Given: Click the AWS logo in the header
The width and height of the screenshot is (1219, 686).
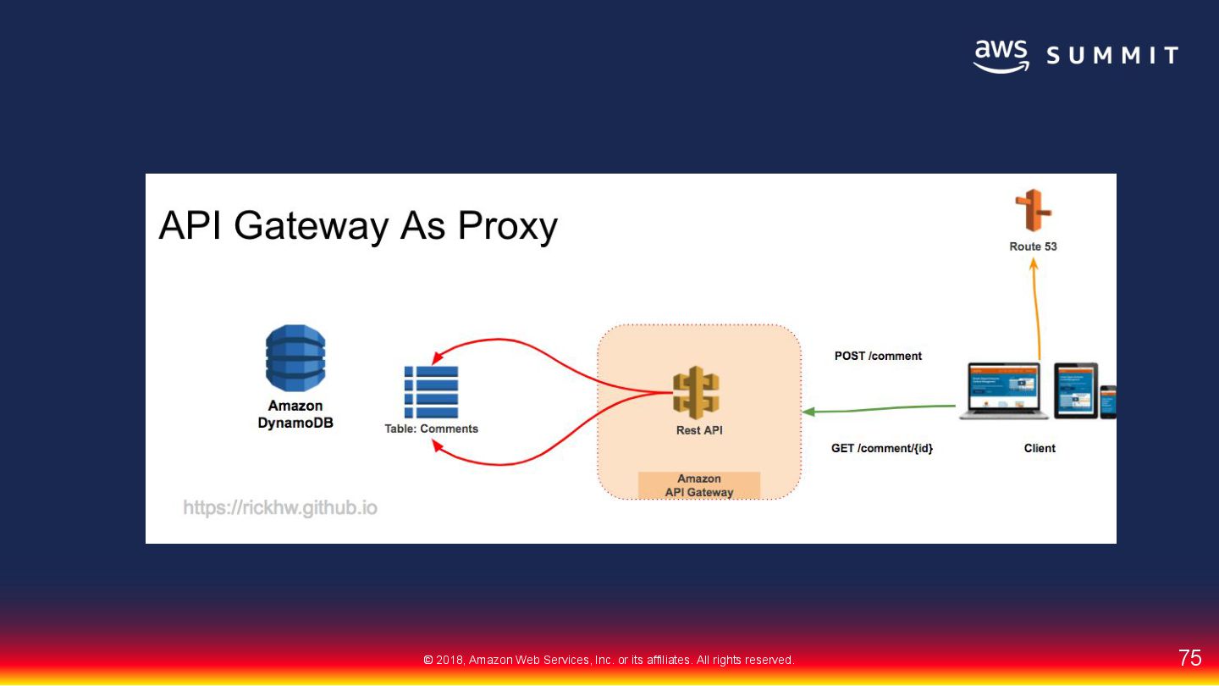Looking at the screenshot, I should (x=1001, y=56).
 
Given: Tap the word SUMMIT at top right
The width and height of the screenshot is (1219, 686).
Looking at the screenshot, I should (x=1112, y=57).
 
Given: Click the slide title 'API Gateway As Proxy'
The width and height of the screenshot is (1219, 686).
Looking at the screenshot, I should (x=358, y=226).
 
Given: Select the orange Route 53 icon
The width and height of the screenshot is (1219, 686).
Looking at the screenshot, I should (x=1033, y=211).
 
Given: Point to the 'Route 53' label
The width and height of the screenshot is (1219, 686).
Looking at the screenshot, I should (x=1033, y=246).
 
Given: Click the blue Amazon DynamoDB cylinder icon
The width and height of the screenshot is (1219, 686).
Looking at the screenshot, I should (x=295, y=358).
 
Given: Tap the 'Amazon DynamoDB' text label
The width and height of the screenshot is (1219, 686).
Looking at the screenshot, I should (x=295, y=414).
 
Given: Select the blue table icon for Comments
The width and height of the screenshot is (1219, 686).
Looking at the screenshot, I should (x=431, y=392).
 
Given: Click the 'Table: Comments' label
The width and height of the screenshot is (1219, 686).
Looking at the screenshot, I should (x=431, y=429).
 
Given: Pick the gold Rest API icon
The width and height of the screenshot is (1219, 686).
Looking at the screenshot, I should (x=696, y=393).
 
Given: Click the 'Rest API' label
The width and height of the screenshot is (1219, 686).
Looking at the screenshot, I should (x=699, y=430).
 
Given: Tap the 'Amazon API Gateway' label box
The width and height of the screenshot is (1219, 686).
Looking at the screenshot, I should (x=699, y=485).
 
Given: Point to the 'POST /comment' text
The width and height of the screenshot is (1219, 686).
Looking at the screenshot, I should (x=878, y=356).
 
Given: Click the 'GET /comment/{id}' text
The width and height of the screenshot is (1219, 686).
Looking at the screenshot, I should (x=882, y=448).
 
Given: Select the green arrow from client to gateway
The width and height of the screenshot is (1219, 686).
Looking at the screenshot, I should (x=880, y=409).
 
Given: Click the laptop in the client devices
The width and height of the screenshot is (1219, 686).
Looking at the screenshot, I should (x=1003, y=390).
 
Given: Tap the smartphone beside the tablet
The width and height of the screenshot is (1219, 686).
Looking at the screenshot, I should (x=1107, y=401).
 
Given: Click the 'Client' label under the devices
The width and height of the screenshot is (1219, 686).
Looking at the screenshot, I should (x=1040, y=448).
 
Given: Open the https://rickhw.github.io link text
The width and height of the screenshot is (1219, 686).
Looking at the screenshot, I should (x=280, y=508).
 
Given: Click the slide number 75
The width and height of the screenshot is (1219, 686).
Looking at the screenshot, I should (x=1189, y=658).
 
